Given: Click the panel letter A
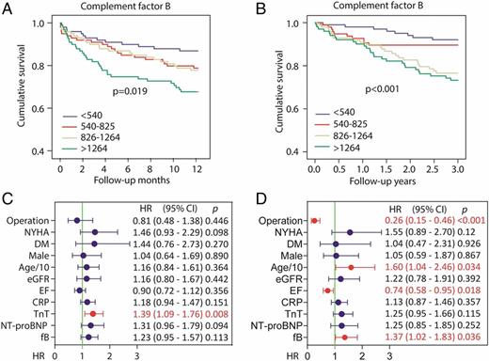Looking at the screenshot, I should (8, 8).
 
